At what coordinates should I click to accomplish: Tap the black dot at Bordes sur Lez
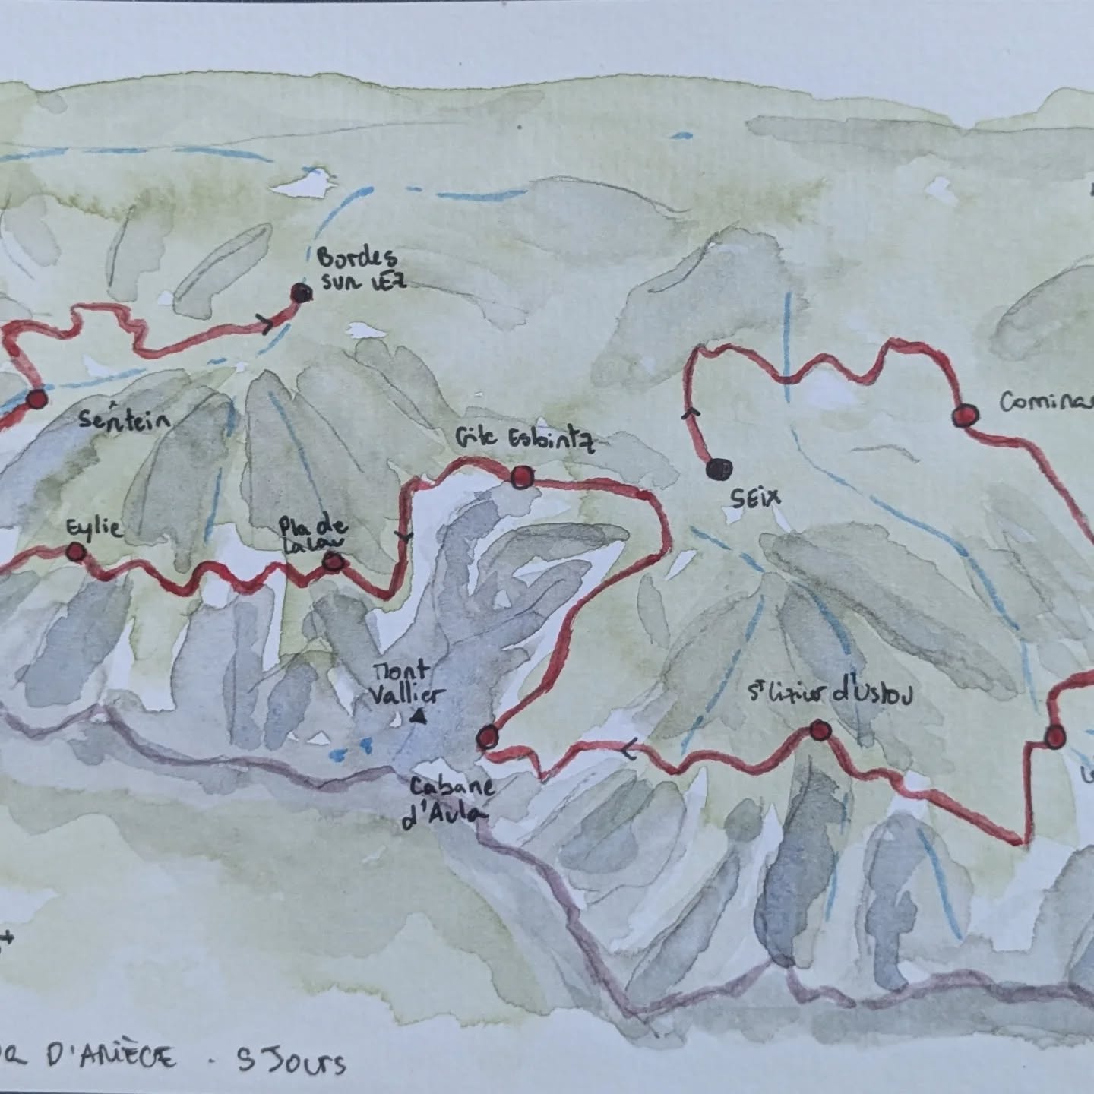tap(302, 293)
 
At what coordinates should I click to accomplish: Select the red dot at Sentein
tap(36, 399)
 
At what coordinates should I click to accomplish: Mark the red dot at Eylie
tap(74, 552)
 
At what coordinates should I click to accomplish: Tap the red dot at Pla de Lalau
tap(332, 562)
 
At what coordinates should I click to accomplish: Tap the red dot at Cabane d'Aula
tap(487, 737)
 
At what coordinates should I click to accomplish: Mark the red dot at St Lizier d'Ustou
tap(818, 731)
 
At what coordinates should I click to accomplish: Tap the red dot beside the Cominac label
tap(964, 416)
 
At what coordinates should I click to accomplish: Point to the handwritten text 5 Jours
tap(292, 1061)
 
